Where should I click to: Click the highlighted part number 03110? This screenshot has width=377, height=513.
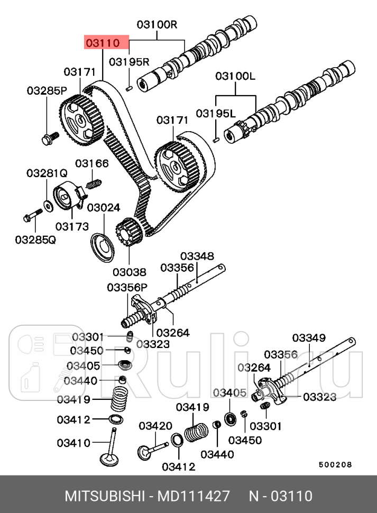click(106, 43)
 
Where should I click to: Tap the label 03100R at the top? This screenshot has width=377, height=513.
click(157, 24)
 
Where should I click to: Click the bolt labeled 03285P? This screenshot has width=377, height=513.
click(47, 140)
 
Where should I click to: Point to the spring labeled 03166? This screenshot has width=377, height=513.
click(94, 184)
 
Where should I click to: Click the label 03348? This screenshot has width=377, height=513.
click(196, 256)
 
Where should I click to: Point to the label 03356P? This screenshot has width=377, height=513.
click(127, 287)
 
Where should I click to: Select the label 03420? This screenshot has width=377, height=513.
click(155, 426)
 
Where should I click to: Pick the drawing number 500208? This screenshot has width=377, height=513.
click(335, 465)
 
